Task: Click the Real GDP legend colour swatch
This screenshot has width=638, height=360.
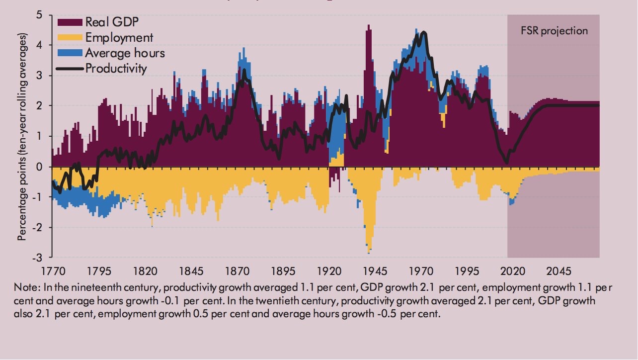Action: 70,22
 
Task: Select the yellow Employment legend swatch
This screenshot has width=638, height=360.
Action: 70,37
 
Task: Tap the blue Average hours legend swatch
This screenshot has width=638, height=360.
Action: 70,53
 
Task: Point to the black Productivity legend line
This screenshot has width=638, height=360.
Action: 70,68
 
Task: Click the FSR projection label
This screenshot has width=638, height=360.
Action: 554,31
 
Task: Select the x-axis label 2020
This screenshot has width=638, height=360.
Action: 513,271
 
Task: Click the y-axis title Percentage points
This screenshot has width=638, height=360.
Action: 22,137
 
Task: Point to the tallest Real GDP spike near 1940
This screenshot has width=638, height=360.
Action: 368,26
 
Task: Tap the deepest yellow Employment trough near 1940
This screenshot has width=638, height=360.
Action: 368,252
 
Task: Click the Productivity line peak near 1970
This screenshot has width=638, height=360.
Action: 423,33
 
